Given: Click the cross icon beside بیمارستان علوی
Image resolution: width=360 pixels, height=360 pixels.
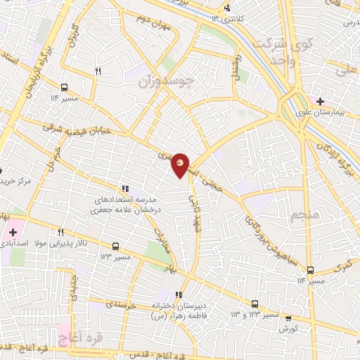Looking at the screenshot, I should click(319, 101).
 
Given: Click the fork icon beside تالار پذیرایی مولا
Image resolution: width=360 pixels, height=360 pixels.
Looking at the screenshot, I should click(61, 233).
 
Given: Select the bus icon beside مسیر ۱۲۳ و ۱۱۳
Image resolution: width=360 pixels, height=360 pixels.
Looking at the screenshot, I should click(255, 304).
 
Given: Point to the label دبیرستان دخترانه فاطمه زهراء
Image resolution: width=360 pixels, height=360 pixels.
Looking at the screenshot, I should click(179, 311).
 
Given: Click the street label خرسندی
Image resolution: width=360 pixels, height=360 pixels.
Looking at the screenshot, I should click(124, 304).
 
